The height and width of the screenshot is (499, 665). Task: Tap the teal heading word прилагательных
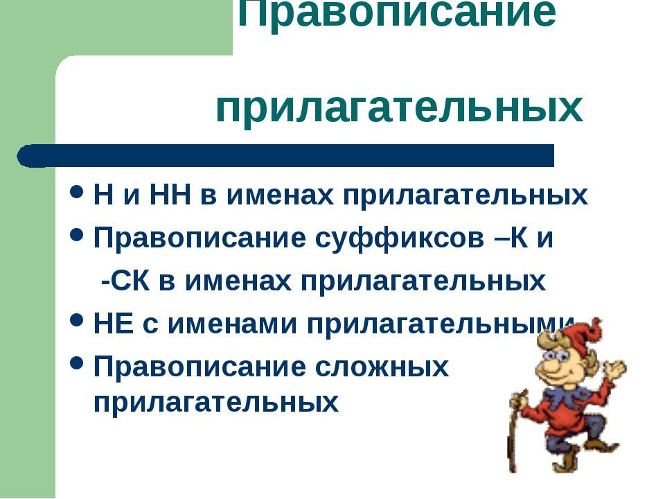[399, 110]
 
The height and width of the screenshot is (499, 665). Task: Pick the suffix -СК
[126, 281]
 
